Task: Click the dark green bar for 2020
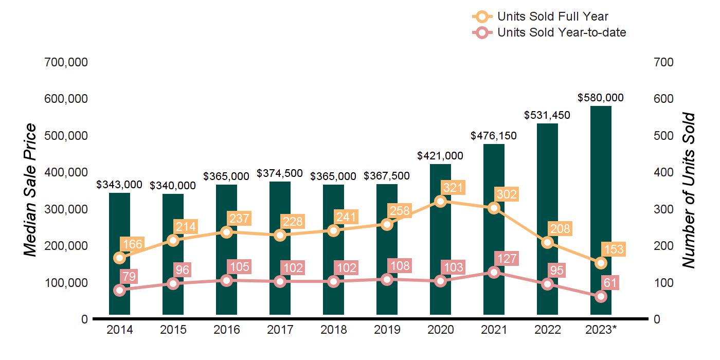click(x=440, y=242)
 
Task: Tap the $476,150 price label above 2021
click(x=494, y=136)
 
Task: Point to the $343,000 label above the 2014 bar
click(x=119, y=185)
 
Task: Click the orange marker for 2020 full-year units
click(x=440, y=201)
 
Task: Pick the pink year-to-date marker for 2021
click(x=494, y=272)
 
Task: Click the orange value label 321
click(x=453, y=188)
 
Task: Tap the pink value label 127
click(x=506, y=258)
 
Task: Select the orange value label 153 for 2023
click(x=613, y=249)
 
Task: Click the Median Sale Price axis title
click(x=31, y=190)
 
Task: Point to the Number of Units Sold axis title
click(x=689, y=190)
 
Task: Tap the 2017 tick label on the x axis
click(x=280, y=330)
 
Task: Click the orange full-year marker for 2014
click(x=119, y=258)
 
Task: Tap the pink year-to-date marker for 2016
click(x=226, y=280)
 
